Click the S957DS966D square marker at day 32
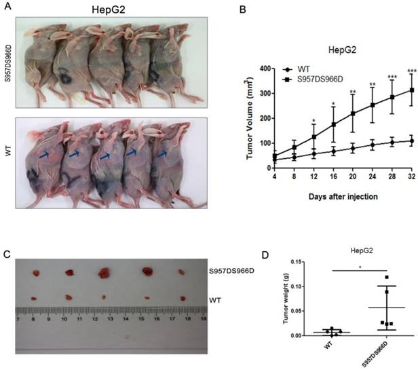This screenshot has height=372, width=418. (x=410, y=90)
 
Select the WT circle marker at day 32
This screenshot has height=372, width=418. (x=410, y=141)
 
